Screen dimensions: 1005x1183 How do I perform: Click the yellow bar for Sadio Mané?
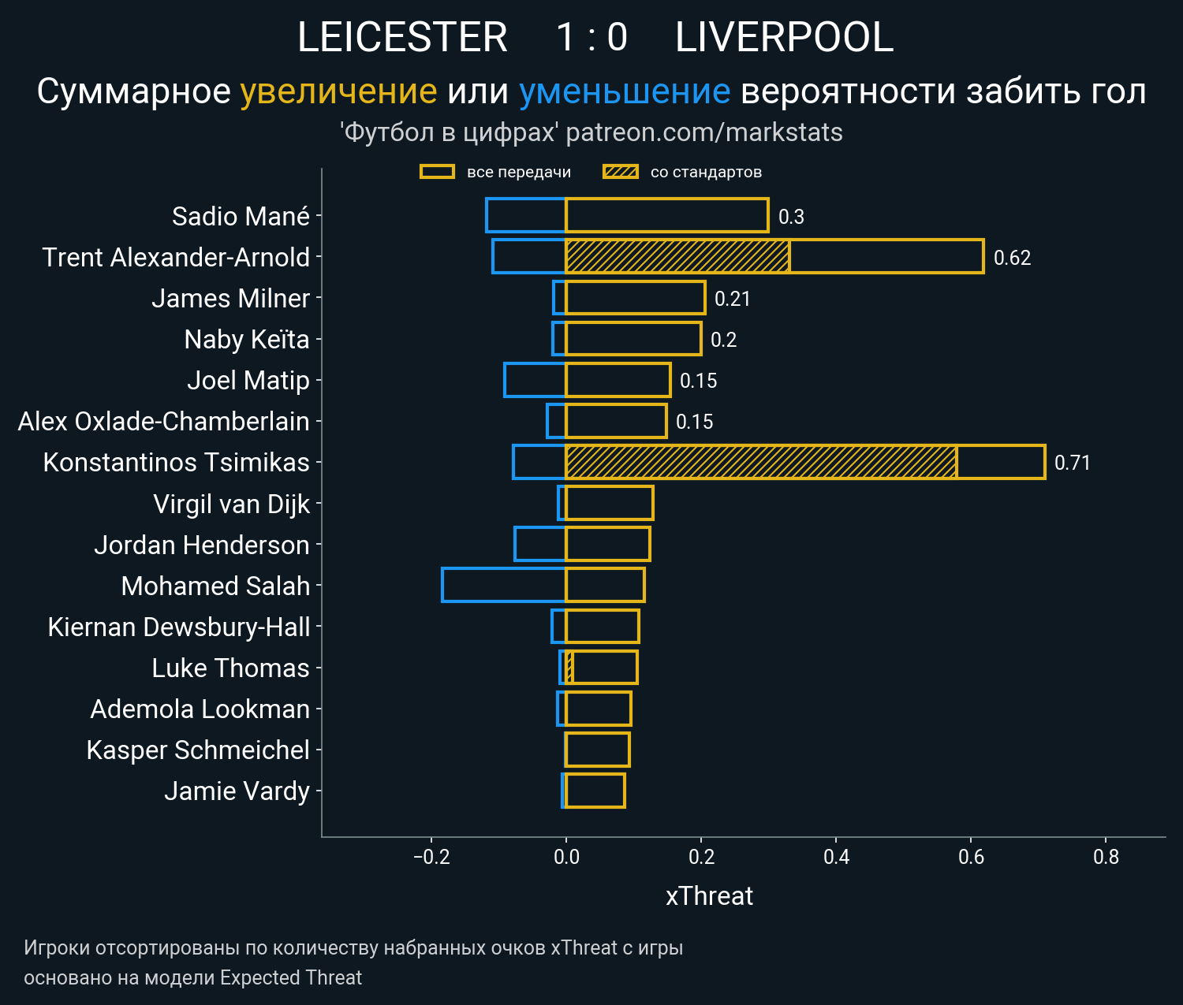[666, 215]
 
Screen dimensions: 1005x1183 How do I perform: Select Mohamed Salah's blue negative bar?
[504, 585]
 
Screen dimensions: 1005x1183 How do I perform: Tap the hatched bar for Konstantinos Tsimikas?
[761, 462]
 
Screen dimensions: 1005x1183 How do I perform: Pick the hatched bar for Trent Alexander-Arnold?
[677, 256]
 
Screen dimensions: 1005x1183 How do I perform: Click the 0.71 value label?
[1072, 463]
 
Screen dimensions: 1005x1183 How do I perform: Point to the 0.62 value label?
[1012, 258]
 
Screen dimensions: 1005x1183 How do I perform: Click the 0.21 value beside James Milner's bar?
[732, 299]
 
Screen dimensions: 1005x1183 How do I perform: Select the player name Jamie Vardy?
[237, 791]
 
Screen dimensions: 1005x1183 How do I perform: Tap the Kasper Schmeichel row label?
[198, 750]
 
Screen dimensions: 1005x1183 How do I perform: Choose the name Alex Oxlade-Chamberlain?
[163, 421]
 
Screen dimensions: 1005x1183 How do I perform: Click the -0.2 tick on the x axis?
[431, 857]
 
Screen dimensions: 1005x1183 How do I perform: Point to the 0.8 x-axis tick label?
[1106, 857]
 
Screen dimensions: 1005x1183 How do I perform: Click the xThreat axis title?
[709, 896]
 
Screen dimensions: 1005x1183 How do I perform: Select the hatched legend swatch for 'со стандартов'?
[621, 172]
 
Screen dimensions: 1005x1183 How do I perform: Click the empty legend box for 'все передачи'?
[437, 172]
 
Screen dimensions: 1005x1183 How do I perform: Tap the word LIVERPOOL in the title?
[784, 37]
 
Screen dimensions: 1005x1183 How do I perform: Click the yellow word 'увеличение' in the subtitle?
[338, 91]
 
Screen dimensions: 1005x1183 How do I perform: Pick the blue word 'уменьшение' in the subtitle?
[625, 91]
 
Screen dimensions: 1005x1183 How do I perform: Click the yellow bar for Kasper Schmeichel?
[597, 750]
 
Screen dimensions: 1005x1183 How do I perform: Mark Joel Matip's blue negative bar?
[535, 380]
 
